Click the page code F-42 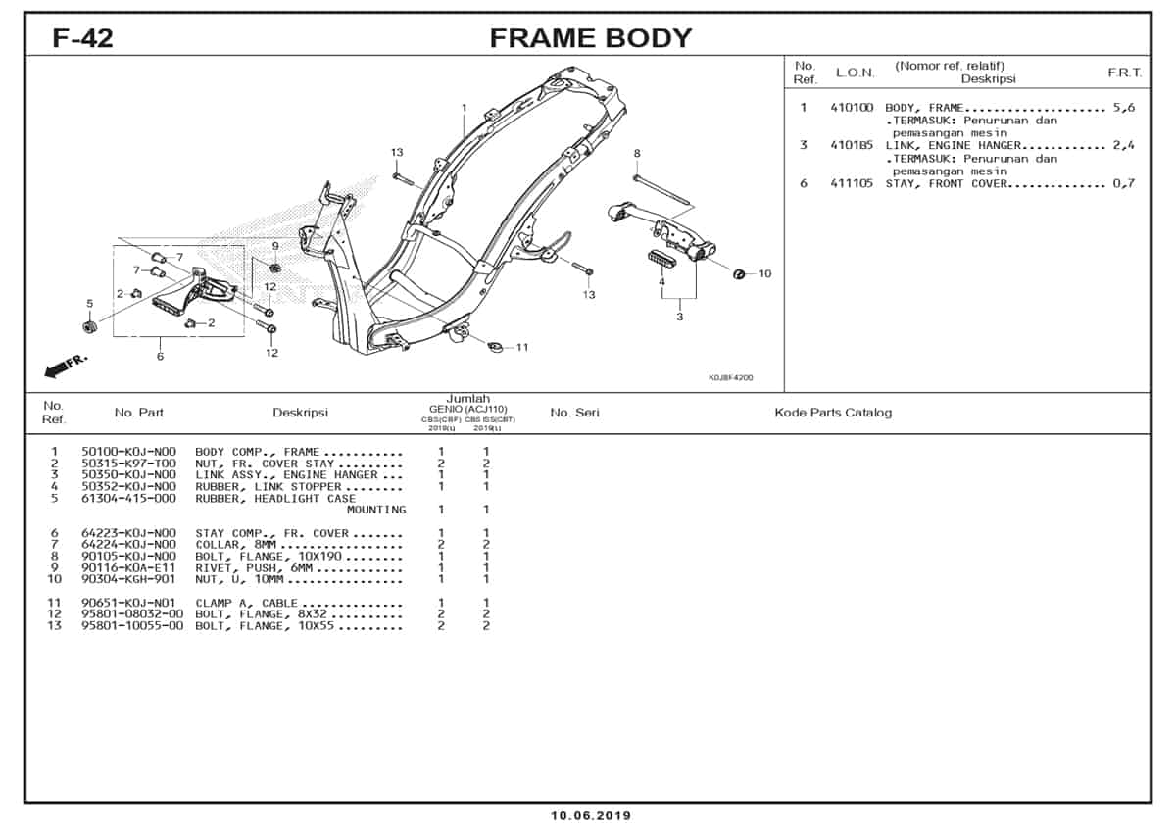[82, 38]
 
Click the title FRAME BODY [590, 38]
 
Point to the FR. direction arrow [66, 366]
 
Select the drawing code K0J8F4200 [730, 378]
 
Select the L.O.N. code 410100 [851, 108]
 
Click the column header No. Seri [574, 413]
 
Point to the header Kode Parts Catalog [833, 413]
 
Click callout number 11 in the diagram [522, 347]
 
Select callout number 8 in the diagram [636, 153]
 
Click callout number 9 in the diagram [275, 246]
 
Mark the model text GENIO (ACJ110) [467, 409]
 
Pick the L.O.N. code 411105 [851, 183]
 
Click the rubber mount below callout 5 [89, 325]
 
